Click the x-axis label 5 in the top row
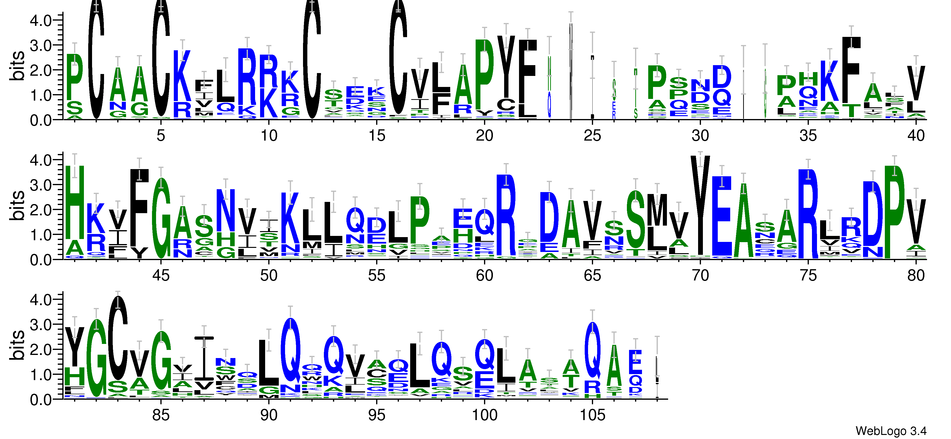(x=161, y=136)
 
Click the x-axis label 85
(x=161, y=415)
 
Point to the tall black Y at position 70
(x=700, y=205)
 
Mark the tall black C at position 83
(x=118, y=337)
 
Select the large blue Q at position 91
(x=291, y=350)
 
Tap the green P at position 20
(x=484, y=74)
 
